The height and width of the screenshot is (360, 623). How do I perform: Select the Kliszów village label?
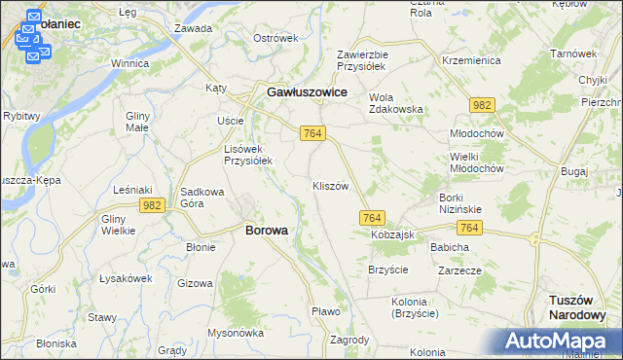pos(330,186)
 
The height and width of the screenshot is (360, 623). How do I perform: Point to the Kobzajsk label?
pos(392,235)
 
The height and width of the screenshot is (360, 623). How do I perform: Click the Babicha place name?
pos(450,247)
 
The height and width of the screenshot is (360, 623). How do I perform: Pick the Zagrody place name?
pos(349,340)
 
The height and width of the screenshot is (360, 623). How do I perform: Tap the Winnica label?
pos(129,63)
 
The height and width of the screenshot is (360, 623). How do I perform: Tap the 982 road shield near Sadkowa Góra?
pos(151,204)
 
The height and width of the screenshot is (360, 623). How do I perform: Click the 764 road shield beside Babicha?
pos(470,227)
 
